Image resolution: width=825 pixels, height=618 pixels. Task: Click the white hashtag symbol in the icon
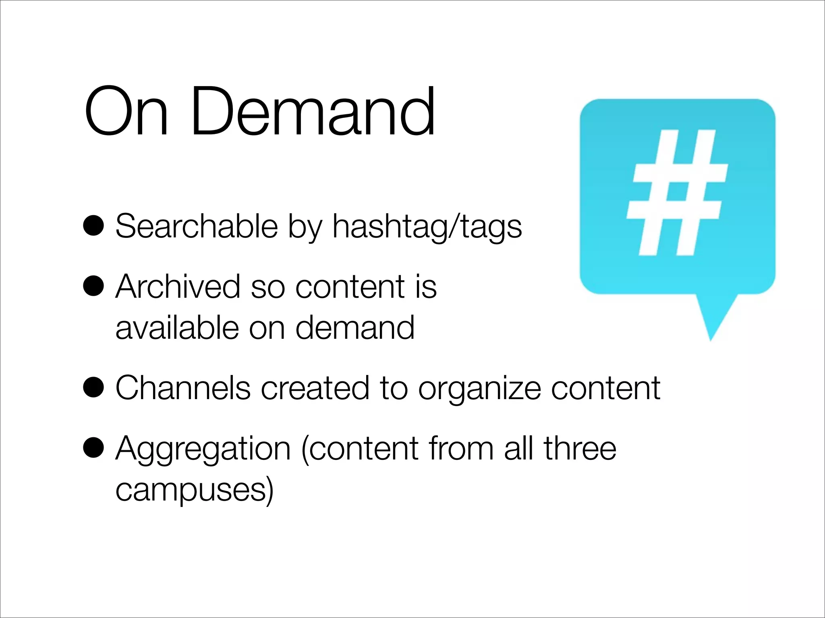click(677, 193)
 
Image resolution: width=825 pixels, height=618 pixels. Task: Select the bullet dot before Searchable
click(93, 226)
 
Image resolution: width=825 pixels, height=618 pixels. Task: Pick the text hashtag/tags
click(427, 227)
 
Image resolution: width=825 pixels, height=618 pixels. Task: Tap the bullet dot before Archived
click(93, 286)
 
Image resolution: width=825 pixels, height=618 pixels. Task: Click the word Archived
click(178, 286)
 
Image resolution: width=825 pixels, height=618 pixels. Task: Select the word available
click(177, 328)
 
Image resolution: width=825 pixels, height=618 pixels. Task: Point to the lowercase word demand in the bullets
click(355, 328)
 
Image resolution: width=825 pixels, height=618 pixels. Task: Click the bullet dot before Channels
click(93, 387)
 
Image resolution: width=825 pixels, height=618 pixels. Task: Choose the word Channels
click(183, 388)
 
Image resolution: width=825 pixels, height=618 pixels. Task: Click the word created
click(315, 388)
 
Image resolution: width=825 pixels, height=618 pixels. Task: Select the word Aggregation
click(203, 449)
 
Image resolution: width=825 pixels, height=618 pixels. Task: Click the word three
click(580, 448)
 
